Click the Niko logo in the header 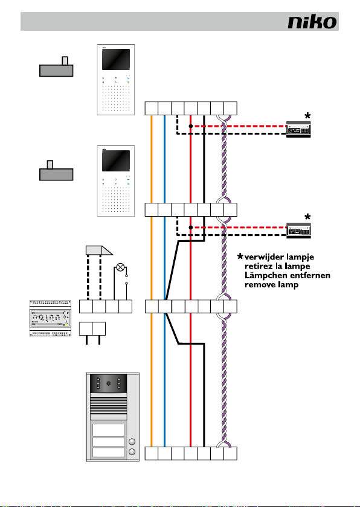(312, 22)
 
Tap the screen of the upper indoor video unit (116, 60)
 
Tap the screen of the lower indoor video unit (116, 161)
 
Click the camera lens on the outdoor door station (109, 383)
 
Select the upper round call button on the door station (132, 442)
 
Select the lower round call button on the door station (132, 451)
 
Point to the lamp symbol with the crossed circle (120, 267)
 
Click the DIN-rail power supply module (50, 318)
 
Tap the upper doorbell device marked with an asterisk (298, 129)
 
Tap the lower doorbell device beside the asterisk (298, 231)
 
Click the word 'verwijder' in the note (260, 257)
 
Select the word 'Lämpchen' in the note (262, 276)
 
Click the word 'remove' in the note (257, 285)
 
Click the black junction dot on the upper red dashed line (191, 126)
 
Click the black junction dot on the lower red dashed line (191, 228)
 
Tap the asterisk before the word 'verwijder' (240, 257)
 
